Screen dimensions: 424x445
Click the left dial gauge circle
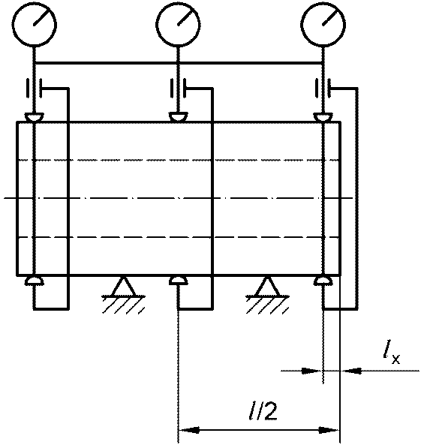click(13, 25)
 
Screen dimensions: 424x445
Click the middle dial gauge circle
click(157, 25)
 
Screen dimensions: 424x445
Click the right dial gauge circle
click(301, 25)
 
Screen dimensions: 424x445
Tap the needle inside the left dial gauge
click(43, 16)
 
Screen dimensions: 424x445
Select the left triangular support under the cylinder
click(124, 287)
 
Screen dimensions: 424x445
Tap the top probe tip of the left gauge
click(34, 117)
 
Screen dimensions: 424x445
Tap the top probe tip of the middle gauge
click(178, 117)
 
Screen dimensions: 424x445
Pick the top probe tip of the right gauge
click(323, 117)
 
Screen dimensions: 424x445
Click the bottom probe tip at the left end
click(34, 281)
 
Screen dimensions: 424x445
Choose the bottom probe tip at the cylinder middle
click(178, 281)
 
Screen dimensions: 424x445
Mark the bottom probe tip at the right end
click(323, 281)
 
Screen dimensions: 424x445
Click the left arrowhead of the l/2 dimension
click(188, 430)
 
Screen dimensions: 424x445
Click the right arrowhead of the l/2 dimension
click(329, 430)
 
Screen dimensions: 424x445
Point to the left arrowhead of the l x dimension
click(311, 371)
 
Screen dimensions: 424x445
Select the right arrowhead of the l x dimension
click(352, 371)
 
